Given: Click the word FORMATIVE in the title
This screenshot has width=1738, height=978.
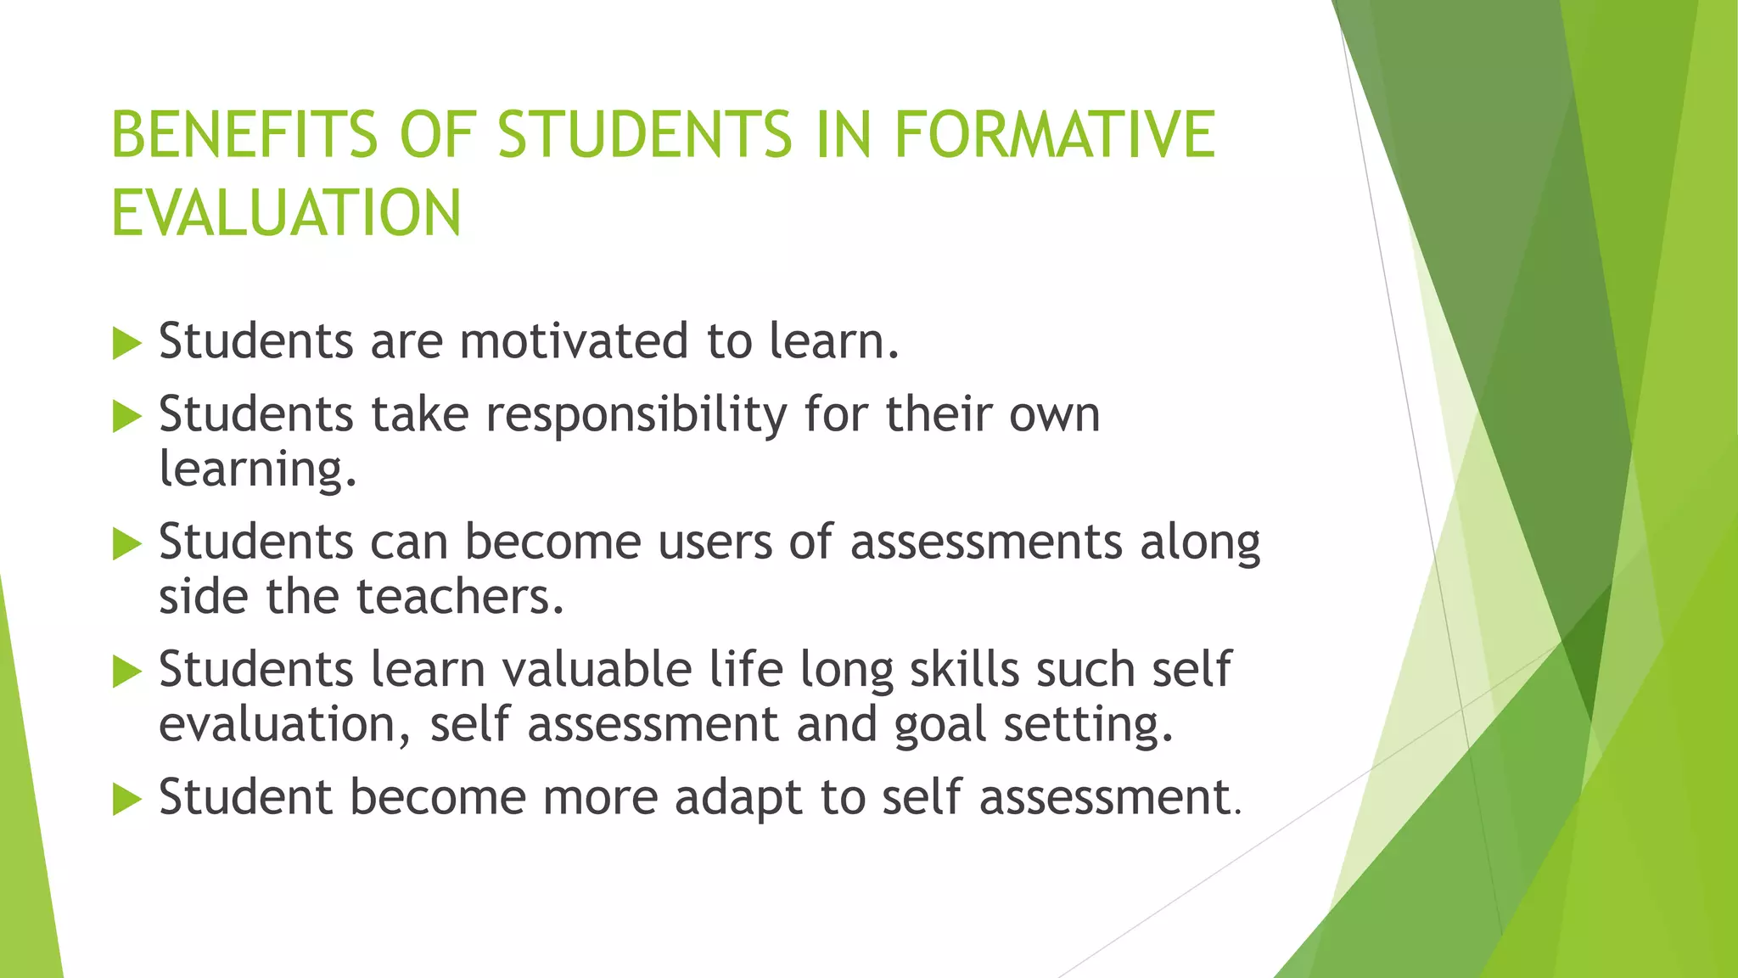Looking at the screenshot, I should tap(1054, 135).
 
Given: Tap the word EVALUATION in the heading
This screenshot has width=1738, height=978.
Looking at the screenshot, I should tap(286, 213).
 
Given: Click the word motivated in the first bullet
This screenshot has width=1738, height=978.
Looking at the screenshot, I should tap(574, 341).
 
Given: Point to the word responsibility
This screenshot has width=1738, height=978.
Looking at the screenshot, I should tap(636, 416).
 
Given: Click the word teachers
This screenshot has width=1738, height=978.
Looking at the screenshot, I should tap(460, 596).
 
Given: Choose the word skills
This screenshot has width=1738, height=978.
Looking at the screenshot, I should tap(965, 669).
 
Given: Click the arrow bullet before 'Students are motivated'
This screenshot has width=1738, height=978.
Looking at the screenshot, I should tap(126, 344).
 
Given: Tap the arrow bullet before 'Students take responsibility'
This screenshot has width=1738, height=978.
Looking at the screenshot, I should tap(126, 417).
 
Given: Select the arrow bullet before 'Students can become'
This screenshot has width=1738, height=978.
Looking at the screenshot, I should tap(126, 544).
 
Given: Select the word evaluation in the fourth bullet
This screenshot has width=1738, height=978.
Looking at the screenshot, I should tap(278, 725).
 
